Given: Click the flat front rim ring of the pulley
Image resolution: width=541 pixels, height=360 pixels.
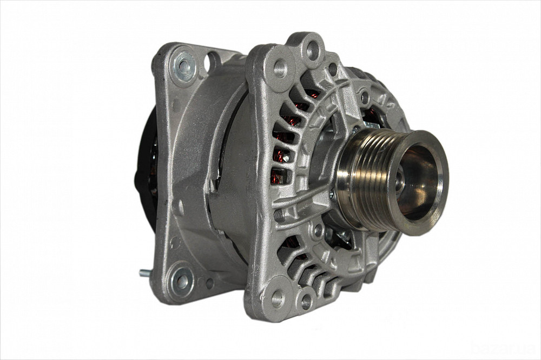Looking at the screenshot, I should pos(441,162).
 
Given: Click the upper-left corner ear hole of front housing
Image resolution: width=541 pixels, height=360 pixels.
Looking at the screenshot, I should pos(280,68).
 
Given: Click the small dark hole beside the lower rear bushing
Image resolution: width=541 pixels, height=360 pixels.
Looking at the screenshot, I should pos(209,283).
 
